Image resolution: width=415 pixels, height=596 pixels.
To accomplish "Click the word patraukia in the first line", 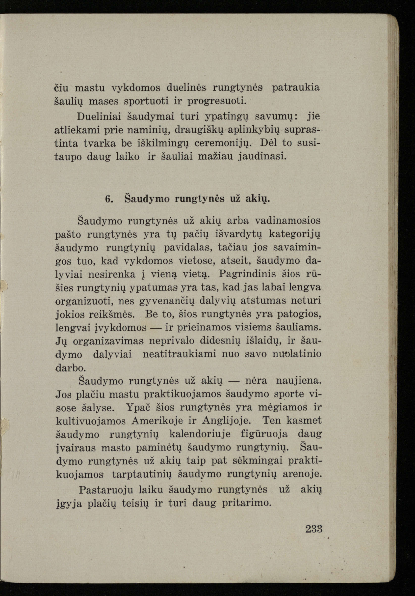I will coord(295,88).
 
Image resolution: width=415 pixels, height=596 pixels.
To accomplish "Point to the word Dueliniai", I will coord(100,116).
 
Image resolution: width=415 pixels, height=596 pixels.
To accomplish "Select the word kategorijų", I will coord(294,234).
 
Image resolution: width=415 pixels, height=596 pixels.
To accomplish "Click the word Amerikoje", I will coord(157,421).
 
